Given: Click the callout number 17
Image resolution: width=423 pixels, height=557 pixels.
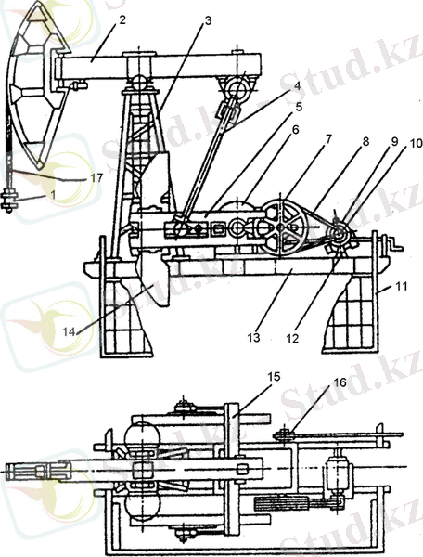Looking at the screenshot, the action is [96, 177].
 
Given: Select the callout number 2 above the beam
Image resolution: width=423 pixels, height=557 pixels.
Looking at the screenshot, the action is [122, 19].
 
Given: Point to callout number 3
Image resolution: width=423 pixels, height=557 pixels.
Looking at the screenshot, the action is [208, 21].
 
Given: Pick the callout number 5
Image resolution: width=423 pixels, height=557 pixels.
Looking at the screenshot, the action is [299, 107].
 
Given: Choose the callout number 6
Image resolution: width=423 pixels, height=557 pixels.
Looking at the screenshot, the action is [295, 130].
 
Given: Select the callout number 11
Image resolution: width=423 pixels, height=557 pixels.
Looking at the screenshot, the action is [402, 286].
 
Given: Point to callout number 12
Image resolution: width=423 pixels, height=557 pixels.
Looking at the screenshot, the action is [293, 339].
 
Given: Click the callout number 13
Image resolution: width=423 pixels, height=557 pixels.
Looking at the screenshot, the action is [254, 338].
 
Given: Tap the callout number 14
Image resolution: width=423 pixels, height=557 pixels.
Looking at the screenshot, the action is [70, 332].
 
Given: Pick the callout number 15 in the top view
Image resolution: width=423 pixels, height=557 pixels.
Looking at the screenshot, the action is [274, 377].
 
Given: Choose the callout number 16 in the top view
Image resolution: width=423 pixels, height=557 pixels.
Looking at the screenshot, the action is [340, 382].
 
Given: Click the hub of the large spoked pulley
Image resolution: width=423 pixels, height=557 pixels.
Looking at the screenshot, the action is [281, 227].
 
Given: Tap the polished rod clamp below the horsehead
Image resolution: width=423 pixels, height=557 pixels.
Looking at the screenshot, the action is [11, 201].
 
